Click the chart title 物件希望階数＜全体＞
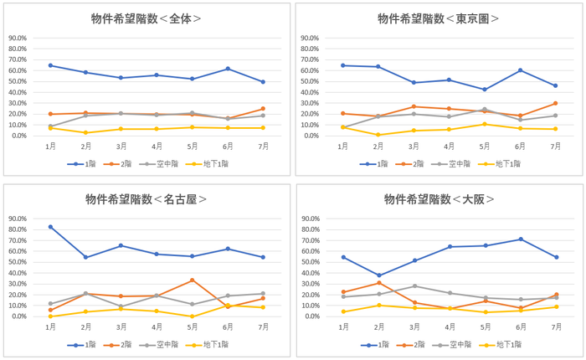(146, 18)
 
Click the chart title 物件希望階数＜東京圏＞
(439, 18)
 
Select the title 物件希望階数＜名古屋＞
(146, 199)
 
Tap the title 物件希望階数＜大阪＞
(439, 199)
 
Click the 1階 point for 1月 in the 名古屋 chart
(50, 227)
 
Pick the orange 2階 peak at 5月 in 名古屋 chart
(193, 280)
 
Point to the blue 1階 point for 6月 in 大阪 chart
(521, 239)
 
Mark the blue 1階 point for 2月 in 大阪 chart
(378, 275)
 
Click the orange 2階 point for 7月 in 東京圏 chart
(556, 104)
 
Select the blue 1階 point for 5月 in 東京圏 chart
(485, 90)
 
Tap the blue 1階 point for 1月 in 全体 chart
(50, 65)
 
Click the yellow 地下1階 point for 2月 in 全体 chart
(85, 132)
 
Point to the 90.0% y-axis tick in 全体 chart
(17, 39)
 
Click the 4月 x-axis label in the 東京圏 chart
(449, 146)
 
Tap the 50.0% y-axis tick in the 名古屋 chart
(17, 263)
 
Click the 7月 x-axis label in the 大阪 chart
(556, 327)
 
